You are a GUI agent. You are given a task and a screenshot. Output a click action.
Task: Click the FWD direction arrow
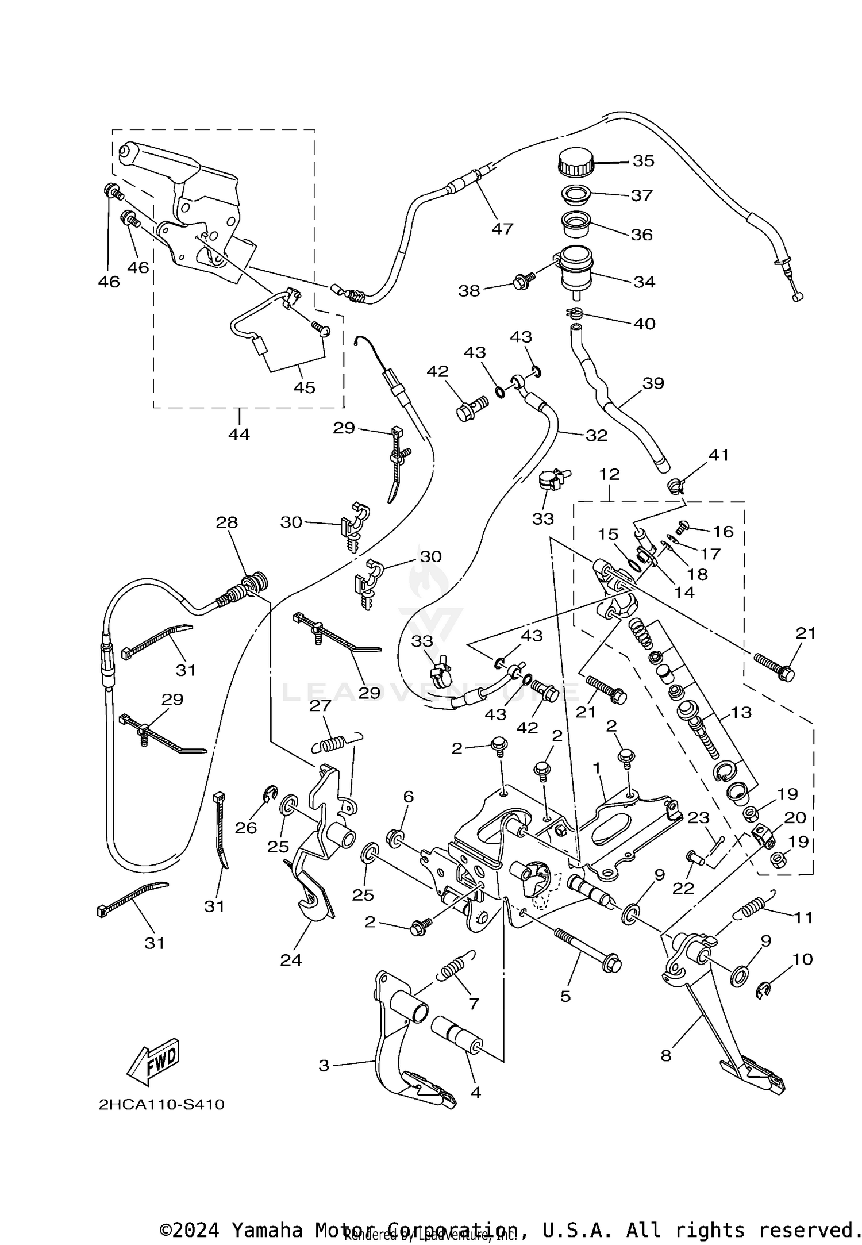pyautogui.click(x=153, y=1061)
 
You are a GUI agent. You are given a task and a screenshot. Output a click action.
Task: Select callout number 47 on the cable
pyautogui.click(x=502, y=229)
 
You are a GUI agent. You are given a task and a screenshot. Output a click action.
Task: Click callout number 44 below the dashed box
pyautogui.click(x=239, y=434)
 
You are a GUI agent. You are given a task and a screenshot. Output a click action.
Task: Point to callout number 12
pyautogui.click(x=610, y=474)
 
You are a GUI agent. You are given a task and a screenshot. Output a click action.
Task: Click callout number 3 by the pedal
pyautogui.click(x=324, y=1065)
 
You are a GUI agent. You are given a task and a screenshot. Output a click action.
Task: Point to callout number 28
pyautogui.click(x=226, y=522)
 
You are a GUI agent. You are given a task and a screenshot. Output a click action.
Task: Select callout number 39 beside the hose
pyautogui.click(x=653, y=383)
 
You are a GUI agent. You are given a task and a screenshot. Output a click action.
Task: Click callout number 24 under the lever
pyautogui.click(x=291, y=959)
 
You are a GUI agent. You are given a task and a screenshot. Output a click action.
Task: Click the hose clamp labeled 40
pyautogui.click(x=575, y=313)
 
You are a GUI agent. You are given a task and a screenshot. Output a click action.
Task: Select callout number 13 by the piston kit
pyautogui.click(x=741, y=713)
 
